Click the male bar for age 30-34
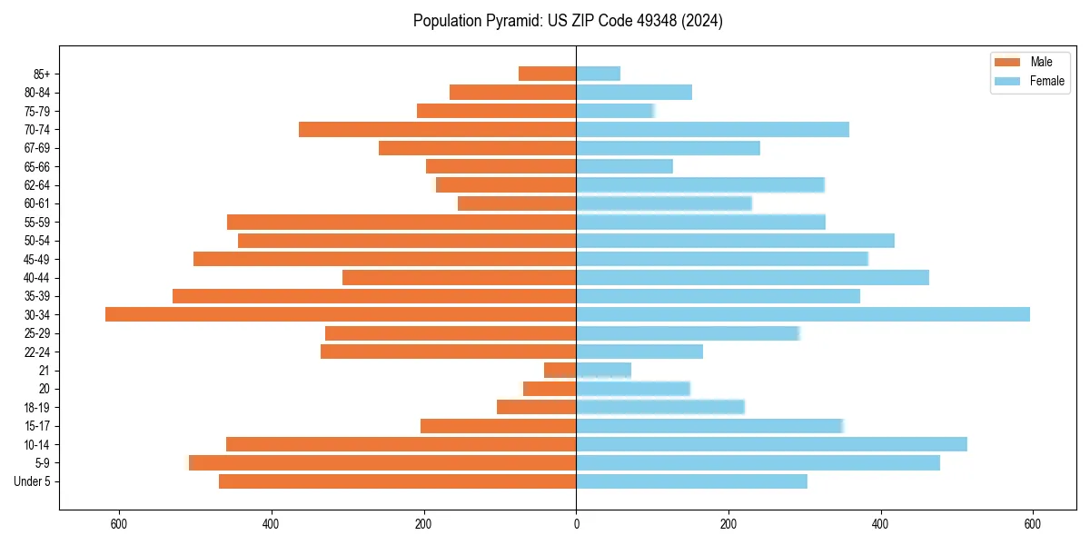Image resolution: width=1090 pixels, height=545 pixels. tap(341, 314)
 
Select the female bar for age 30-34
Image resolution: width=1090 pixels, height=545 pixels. tap(803, 314)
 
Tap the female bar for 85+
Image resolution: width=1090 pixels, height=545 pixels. tap(598, 74)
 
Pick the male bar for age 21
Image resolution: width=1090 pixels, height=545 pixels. tap(560, 370)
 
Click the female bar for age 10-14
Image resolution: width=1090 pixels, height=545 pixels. tap(771, 444)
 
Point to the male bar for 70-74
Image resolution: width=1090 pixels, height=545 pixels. tap(437, 129)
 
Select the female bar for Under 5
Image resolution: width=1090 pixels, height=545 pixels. tap(691, 481)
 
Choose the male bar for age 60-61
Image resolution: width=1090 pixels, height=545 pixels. tap(517, 203)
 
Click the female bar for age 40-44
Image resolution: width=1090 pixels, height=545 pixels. tap(752, 277)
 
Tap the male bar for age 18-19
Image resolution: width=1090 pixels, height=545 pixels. tap(536, 407)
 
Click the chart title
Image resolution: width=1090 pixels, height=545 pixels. tap(568, 21)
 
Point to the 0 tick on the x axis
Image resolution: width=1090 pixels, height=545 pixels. tap(576, 524)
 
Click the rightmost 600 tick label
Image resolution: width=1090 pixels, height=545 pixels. tap(1032, 524)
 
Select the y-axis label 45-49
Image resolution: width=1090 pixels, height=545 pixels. tap(37, 259)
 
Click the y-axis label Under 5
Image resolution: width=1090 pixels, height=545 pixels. tap(33, 481)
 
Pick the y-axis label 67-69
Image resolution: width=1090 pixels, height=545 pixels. tap(37, 148)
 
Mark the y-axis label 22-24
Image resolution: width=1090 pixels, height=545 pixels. tap(37, 352)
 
